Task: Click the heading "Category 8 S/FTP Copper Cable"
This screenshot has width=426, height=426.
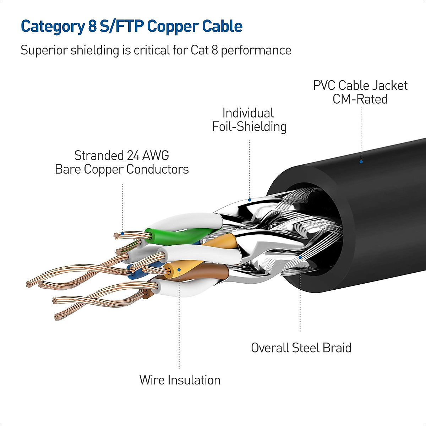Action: pos(131,27)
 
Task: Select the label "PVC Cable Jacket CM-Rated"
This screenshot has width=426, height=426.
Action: pos(360,92)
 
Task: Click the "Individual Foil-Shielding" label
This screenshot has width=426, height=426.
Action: pos(249,120)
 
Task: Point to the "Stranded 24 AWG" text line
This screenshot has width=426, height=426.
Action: pos(121,155)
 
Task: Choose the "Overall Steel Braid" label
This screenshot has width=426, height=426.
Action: pos(301,348)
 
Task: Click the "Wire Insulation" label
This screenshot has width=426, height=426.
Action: pos(180,380)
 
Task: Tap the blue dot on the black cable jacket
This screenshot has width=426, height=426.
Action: pos(361,162)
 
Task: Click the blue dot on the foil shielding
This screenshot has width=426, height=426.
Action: pos(250,200)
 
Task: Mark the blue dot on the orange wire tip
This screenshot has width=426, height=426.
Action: pos(179,270)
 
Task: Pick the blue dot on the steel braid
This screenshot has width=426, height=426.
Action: pos(300,257)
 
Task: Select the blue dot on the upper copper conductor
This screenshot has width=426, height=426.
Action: pos(122,233)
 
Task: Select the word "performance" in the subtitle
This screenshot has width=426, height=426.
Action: pos(256,50)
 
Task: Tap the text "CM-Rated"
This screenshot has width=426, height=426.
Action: pos(360,99)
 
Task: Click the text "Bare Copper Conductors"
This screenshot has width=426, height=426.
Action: pos(121,169)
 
